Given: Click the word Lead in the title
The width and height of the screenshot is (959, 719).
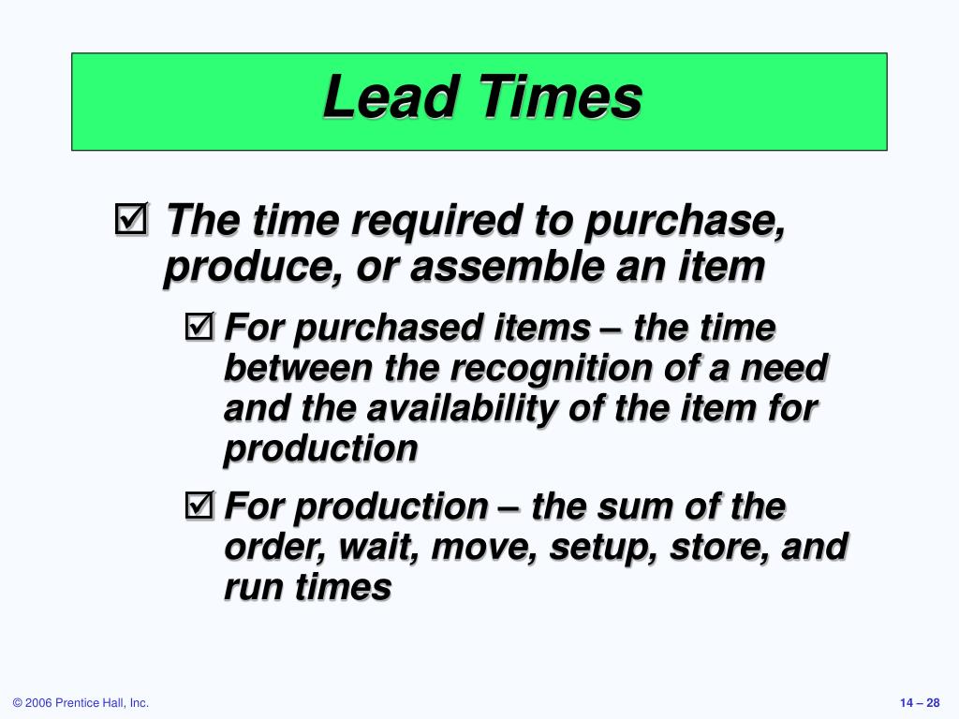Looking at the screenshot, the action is (x=391, y=96).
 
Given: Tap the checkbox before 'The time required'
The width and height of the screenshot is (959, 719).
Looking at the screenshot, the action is (x=131, y=219).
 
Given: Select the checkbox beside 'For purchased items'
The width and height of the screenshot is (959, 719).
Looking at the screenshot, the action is (x=199, y=327).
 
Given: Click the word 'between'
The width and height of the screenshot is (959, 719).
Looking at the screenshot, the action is (x=298, y=368).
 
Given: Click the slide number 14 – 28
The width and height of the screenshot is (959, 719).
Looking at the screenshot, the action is (x=920, y=703).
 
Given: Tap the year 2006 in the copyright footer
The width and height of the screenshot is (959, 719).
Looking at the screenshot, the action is (x=38, y=703).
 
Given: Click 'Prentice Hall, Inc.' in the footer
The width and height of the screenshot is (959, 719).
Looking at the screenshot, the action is (x=102, y=703).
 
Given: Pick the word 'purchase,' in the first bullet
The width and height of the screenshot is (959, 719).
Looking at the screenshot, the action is (x=685, y=222).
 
